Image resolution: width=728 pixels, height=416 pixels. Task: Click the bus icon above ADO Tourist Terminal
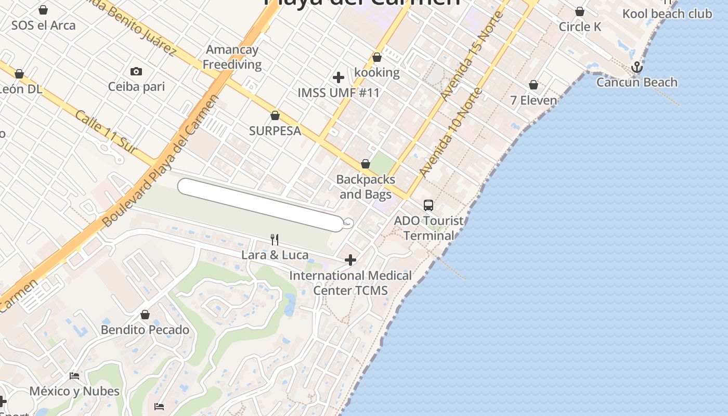coord(428,205)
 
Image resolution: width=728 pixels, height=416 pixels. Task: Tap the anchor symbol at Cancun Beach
coord(636,68)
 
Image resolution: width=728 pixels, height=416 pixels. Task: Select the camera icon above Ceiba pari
coord(136,72)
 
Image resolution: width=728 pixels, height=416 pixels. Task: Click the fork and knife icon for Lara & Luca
coord(275,240)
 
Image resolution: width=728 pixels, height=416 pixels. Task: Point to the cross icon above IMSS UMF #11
coord(339,77)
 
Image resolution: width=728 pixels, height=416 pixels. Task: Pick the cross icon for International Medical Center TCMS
coord(350,259)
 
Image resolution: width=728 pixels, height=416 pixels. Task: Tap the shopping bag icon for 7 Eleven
coord(534,85)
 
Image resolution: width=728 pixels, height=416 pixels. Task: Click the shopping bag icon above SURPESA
coord(275,115)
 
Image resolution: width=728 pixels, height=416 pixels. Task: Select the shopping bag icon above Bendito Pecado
coord(145,315)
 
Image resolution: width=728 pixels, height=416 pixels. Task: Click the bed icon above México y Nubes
coord(74,376)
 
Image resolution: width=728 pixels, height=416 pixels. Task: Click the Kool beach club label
coord(667,14)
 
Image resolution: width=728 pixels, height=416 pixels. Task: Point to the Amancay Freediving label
coord(232,57)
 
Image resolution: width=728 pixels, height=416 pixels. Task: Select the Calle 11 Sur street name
coord(106,132)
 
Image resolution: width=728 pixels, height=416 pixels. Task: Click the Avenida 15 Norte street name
coord(471,55)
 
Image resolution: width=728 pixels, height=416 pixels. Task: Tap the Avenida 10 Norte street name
coord(451,133)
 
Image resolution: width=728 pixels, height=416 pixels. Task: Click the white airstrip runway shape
coord(260,204)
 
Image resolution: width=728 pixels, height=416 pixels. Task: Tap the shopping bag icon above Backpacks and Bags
coord(366,164)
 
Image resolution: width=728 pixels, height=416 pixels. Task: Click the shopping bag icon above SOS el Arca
coord(43,10)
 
